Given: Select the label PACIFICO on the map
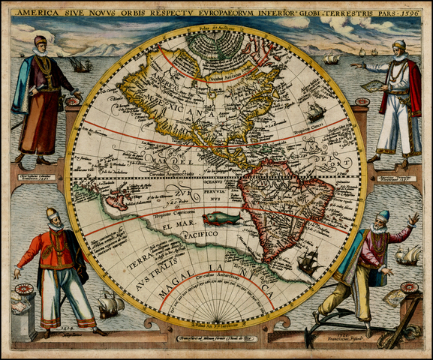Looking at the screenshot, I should pos(197,235).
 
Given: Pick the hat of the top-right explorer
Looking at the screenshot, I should pos(398,44).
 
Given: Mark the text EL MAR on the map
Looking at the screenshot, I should pos(167,224).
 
